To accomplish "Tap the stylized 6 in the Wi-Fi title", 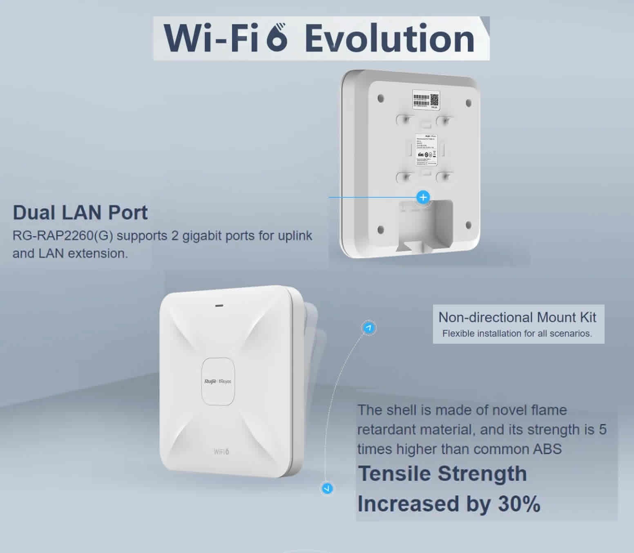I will [277, 38].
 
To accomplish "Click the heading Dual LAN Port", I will [80, 213].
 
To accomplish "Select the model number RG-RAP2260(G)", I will [63, 236].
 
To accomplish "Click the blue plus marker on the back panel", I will [423, 197].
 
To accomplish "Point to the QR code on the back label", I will [434, 99].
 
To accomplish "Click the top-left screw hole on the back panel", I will [381, 99].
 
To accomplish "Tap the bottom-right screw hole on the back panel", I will [468, 225].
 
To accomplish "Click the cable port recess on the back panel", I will [425, 223].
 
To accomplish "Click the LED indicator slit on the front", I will [219, 305].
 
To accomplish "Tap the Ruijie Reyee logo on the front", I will [217, 381].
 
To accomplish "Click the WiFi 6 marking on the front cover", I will [221, 451].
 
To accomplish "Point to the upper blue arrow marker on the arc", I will [369, 328].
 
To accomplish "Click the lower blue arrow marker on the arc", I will [326, 488].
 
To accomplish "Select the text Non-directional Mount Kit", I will [517, 317].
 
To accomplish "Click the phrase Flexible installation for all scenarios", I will [517, 334].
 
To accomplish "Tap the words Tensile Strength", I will [442, 474].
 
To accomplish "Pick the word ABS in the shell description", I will [547, 449].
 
